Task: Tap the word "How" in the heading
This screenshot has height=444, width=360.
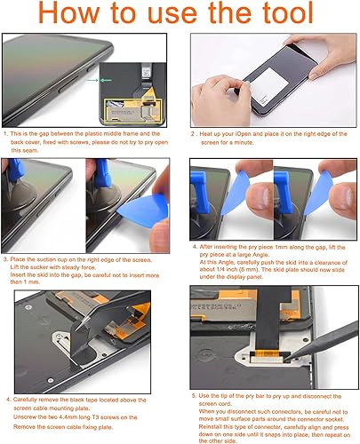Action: [x=84, y=15]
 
